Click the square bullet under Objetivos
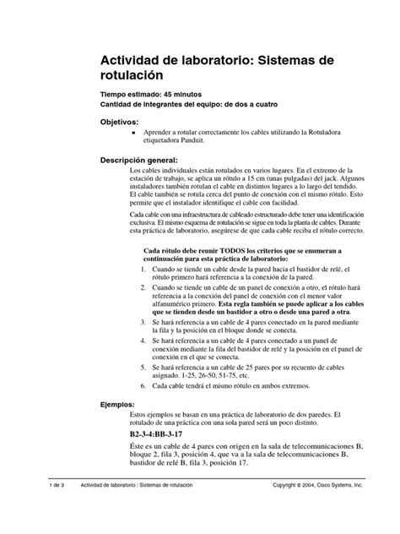[132, 133]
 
